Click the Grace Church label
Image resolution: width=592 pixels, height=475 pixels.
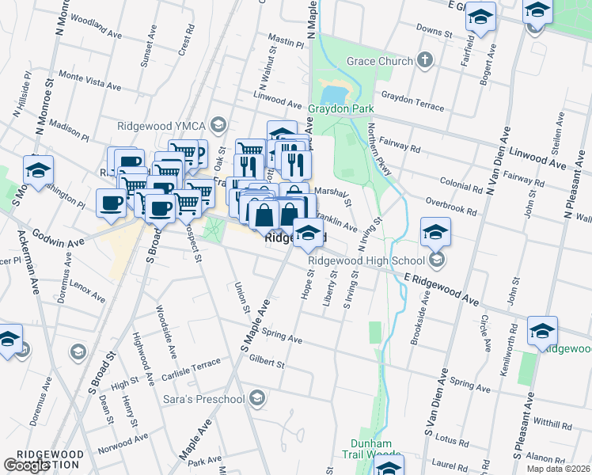pyautogui.click(x=380, y=61)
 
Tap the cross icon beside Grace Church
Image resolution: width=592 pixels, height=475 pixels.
pyautogui.click(x=425, y=60)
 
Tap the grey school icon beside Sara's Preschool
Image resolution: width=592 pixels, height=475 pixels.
pyautogui.click(x=256, y=398)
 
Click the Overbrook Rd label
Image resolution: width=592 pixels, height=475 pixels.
pyautogui.click(x=450, y=205)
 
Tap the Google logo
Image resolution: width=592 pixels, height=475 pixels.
pyautogui.click(x=26, y=465)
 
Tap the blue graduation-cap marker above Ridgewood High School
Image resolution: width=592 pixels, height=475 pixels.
pyautogui.click(x=435, y=230)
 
